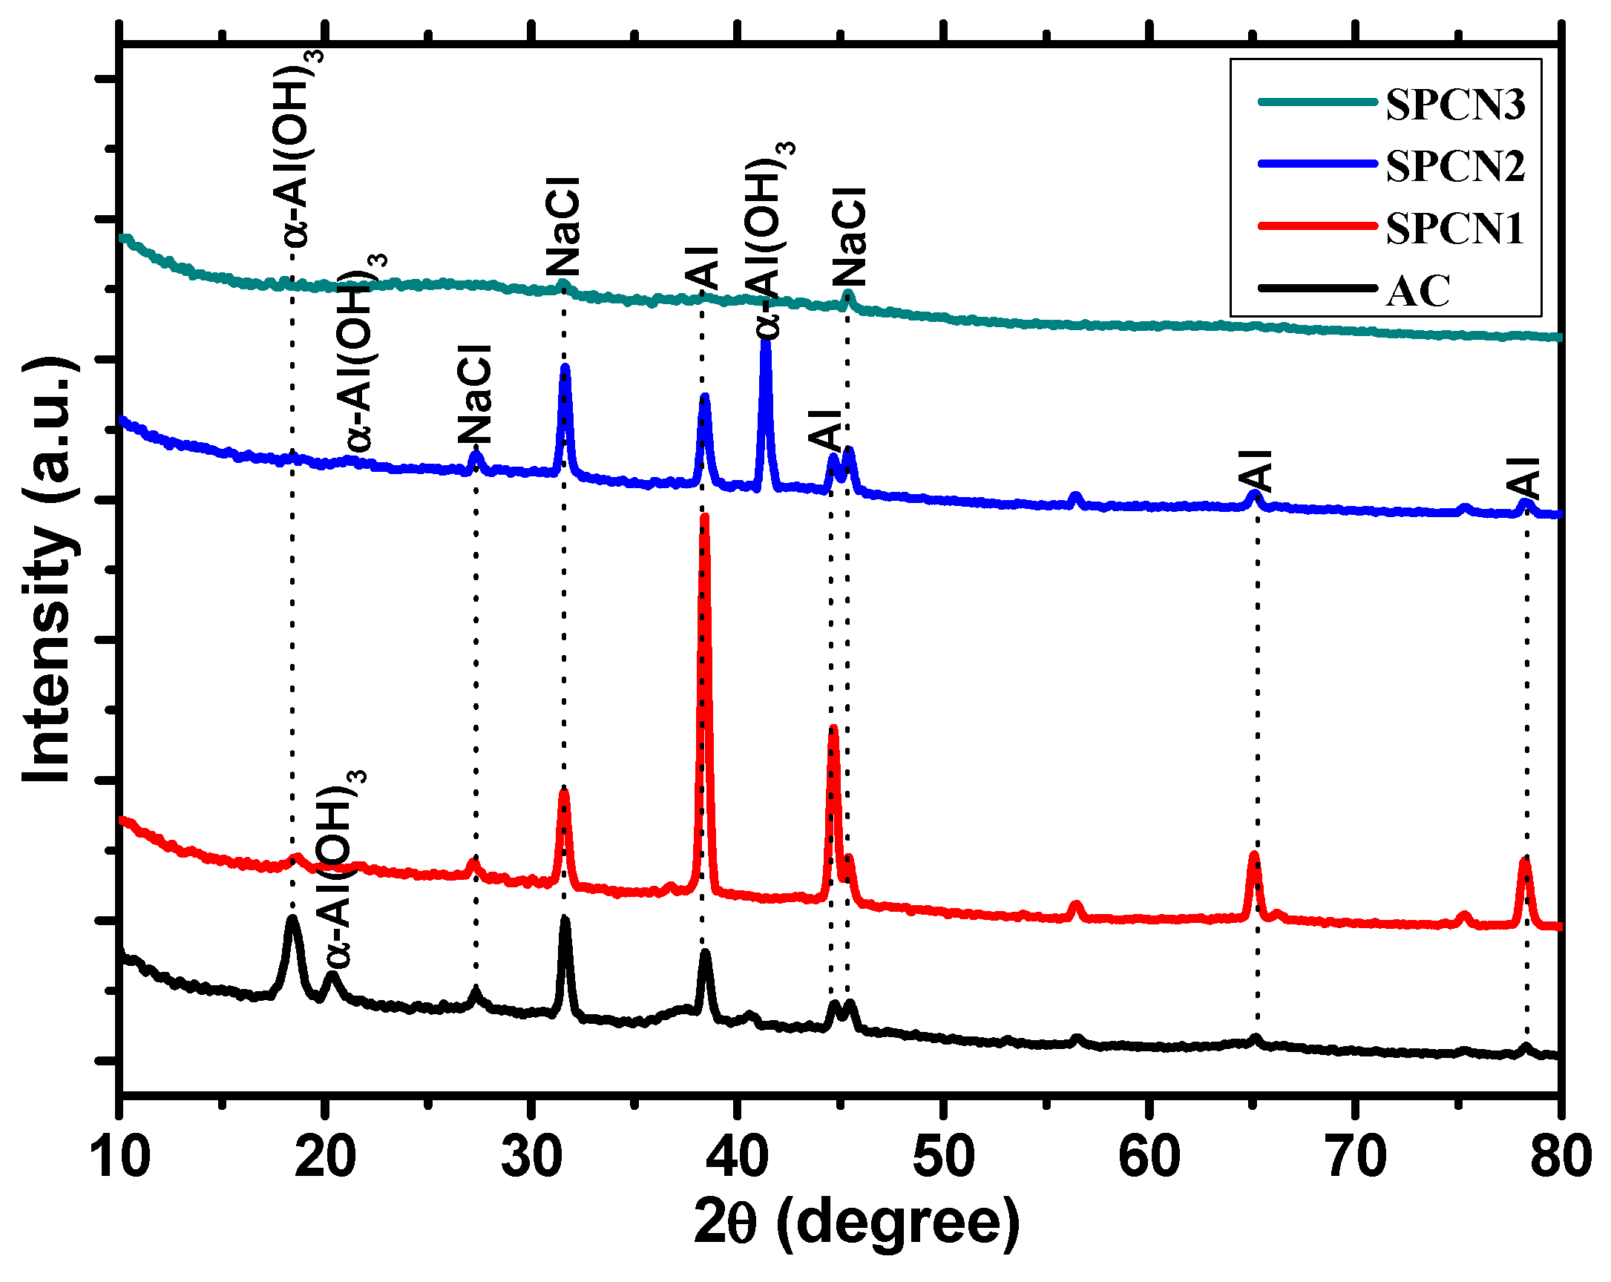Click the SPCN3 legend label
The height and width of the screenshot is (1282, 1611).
(1455, 105)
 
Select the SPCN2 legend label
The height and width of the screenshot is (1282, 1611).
(1455, 166)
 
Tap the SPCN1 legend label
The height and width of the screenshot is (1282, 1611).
(1454, 229)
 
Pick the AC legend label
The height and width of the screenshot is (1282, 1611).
(1417, 292)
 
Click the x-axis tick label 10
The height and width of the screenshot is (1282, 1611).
(119, 1157)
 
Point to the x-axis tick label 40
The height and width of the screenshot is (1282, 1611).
(737, 1157)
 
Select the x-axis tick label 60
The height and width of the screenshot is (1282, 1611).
(1149, 1157)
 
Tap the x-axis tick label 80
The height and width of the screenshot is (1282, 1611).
(1561, 1157)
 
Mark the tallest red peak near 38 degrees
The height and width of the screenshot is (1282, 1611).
(704, 519)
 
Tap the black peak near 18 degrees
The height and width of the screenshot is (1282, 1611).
(292, 919)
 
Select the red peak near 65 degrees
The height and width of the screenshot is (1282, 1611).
(1255, 855)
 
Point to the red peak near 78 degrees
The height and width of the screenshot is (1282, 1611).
(1525, 862)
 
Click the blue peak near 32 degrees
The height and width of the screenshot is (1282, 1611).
(565, 368)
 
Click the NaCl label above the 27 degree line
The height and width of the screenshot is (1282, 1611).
(475, 395)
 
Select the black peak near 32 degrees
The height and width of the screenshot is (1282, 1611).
(565, 920)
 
